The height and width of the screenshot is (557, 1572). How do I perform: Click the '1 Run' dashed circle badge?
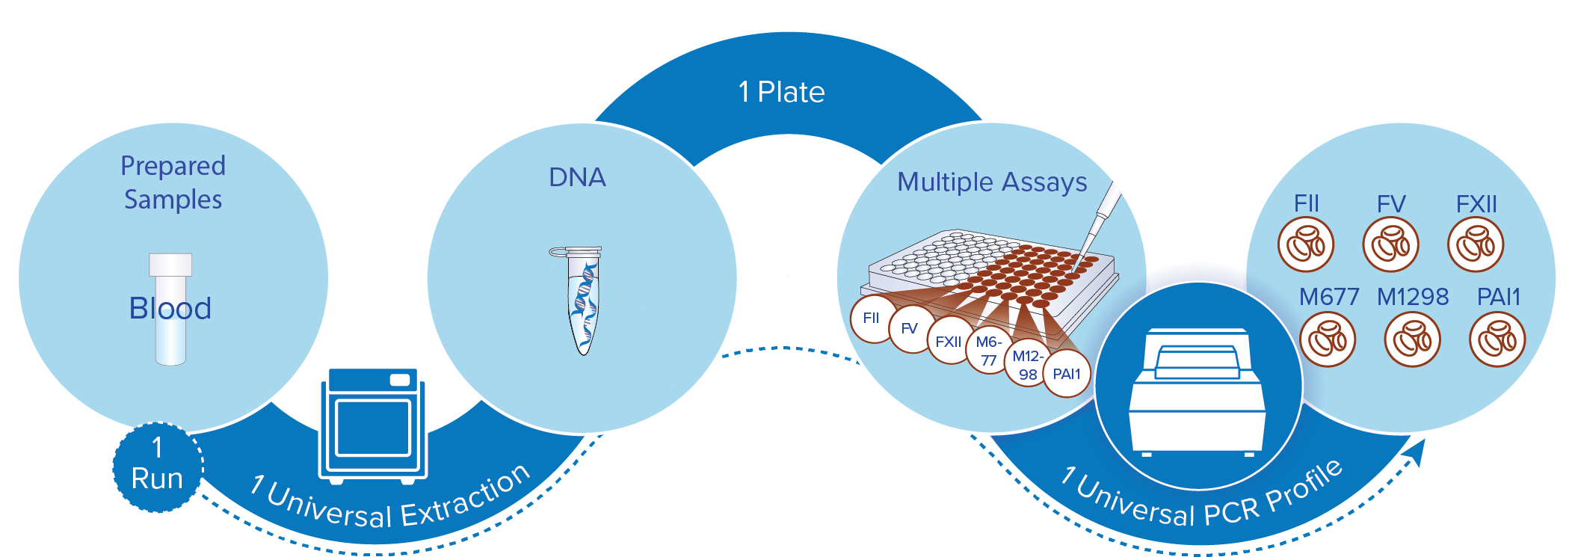click(157, 467)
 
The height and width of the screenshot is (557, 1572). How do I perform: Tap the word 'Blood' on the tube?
click(170, 308)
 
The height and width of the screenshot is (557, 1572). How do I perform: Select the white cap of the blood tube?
click(170, 265)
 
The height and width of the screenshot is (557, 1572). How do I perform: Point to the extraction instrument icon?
click(373, 425)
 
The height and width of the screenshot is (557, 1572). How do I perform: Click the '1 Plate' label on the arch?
click(781, 92)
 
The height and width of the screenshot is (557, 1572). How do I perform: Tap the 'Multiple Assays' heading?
click(991, 182)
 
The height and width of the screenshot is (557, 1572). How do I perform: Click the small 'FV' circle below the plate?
click(910, 328)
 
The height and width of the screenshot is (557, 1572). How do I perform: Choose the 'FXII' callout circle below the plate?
click(949, 342)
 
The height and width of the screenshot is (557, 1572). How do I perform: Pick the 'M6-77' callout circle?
click(988, 351)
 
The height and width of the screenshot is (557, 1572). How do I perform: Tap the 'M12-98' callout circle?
click(1027, 365)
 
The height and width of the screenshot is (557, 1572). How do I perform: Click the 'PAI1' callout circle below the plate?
click(1067, 374)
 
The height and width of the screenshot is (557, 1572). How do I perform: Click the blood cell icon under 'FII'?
click(1305, 244)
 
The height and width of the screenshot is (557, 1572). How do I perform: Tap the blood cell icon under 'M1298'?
click(1412, 339)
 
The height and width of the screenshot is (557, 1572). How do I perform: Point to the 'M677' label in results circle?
click(1328, 297)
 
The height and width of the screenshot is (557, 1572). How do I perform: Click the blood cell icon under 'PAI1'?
click(1497, 339)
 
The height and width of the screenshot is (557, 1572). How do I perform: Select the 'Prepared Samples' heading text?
click(173, 182)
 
